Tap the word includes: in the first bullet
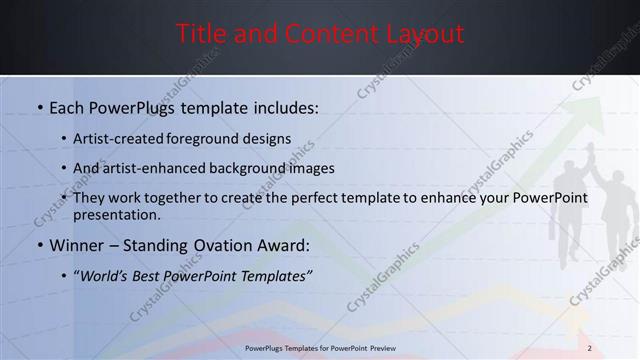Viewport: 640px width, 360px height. coord(284,107)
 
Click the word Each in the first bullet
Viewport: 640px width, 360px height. coord(66,107)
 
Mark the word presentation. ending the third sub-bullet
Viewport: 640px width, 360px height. coord(116,215)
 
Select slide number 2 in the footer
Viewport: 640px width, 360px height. coord(590,348)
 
